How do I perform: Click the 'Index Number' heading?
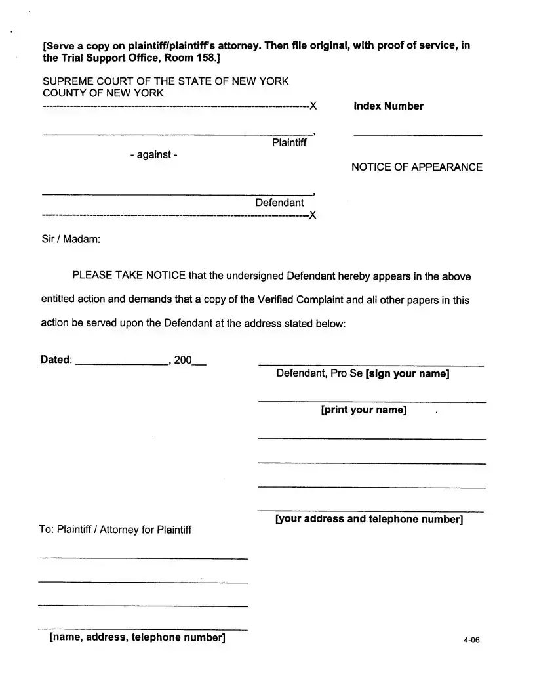[x=388, y=106]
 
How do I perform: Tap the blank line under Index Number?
[x=418, y=135]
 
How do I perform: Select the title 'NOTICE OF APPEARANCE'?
[x=416, y=167]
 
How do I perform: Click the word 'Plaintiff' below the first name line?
[x=288, y=143]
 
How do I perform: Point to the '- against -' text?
[x=153, y=154]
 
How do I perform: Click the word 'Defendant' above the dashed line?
[x=279, y=202]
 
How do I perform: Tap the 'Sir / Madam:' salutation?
[x=71, y=239]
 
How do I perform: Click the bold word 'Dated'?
[x=55, y=360]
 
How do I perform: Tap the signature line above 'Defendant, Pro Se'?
[x=371, y=365]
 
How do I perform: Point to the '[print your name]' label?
[x=363, y=410]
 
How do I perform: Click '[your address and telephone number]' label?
[x=369, y=519]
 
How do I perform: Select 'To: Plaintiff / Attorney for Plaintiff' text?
[x=115, y=530]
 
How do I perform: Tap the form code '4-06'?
[x=471, y=641]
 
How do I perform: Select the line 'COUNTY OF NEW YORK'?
[x=103, y=93]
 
